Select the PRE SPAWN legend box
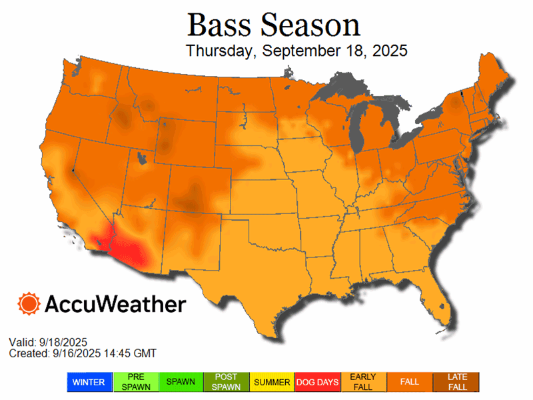click(x=135, y=382)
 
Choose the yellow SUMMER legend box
click(x=271, y=382)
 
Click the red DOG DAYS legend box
click(x=317, y=382)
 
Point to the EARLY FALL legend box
click(x=362, y=382)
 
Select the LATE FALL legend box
click(x=456, y=382)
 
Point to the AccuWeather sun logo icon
click(x=29, y=304)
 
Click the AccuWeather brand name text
click(x=115, y=305)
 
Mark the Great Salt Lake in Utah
click(x=142, y=158)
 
